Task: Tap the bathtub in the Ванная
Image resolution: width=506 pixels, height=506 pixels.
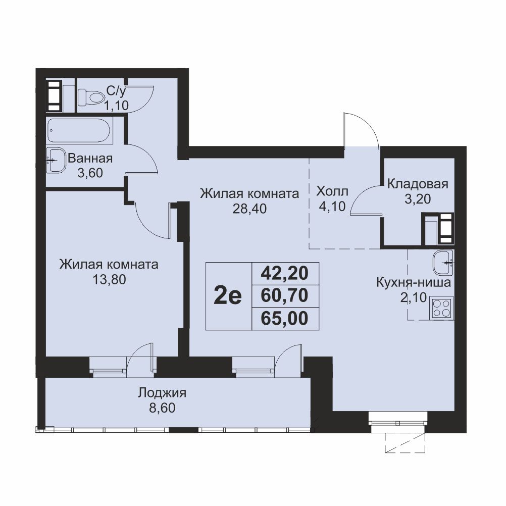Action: pos(80,131)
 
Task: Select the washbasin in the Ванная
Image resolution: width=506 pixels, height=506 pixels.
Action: pos(56,160)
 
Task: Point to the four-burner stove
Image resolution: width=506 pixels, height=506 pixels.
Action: pos(442,308)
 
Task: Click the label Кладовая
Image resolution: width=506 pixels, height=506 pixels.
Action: pos(418,184)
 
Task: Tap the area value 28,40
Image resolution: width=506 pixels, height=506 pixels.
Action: pos(249,209)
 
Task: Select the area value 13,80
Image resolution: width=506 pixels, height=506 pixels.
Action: pos(109,279)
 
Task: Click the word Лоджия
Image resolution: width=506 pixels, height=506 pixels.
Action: pos(162,393)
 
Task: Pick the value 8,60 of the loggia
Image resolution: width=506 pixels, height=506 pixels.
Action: pos(162,408)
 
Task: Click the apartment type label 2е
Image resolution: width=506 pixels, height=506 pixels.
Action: pos(228,296)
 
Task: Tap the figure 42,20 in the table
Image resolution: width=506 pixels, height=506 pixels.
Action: pos(285,273)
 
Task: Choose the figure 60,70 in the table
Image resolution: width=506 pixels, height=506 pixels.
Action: pos(285,295)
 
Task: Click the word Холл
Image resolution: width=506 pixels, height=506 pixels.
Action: pos(332,191)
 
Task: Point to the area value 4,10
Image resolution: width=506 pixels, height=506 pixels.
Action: pos(332,206)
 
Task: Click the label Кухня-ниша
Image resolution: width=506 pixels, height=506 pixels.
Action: pos(414,283)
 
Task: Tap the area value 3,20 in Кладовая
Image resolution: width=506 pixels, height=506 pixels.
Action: pos(418,199)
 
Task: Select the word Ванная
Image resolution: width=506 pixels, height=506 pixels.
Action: pos(90,159)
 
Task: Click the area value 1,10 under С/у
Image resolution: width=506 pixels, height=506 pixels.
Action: pos(116,105)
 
